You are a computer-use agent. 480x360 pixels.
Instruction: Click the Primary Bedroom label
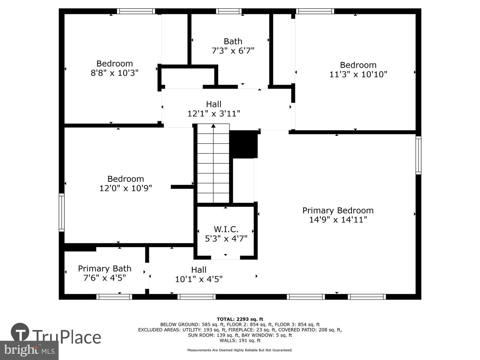coord(338,210)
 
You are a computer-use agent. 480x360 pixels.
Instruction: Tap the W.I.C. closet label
coord(226,229)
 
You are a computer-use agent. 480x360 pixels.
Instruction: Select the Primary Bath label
coord(104,268)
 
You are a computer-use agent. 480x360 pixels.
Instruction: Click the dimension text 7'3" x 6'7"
coord(233,51)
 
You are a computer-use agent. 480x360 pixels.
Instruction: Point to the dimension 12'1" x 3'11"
coord(214,114)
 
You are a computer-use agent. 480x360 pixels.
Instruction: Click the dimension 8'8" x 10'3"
coord(114,73)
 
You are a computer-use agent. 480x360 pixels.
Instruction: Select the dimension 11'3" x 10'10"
coord(358,74)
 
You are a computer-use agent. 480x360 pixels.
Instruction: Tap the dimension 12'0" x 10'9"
coord(125,188)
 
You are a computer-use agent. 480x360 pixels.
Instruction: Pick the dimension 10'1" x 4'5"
coord(199,279)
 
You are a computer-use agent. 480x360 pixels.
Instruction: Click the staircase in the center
coord(213,163)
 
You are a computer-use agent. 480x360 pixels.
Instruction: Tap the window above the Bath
coord(229,11)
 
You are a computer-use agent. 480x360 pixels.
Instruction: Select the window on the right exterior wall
coord(418,155)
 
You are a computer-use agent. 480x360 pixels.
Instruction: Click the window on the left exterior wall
coord(62,212)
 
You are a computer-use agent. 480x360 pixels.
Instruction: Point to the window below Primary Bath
coord(114,297)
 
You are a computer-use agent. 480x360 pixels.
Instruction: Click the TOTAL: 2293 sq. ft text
coord(240,319)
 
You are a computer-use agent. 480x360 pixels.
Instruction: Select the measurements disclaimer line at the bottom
coord(240,350)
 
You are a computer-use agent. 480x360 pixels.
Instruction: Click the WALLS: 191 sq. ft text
coord(240,340)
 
